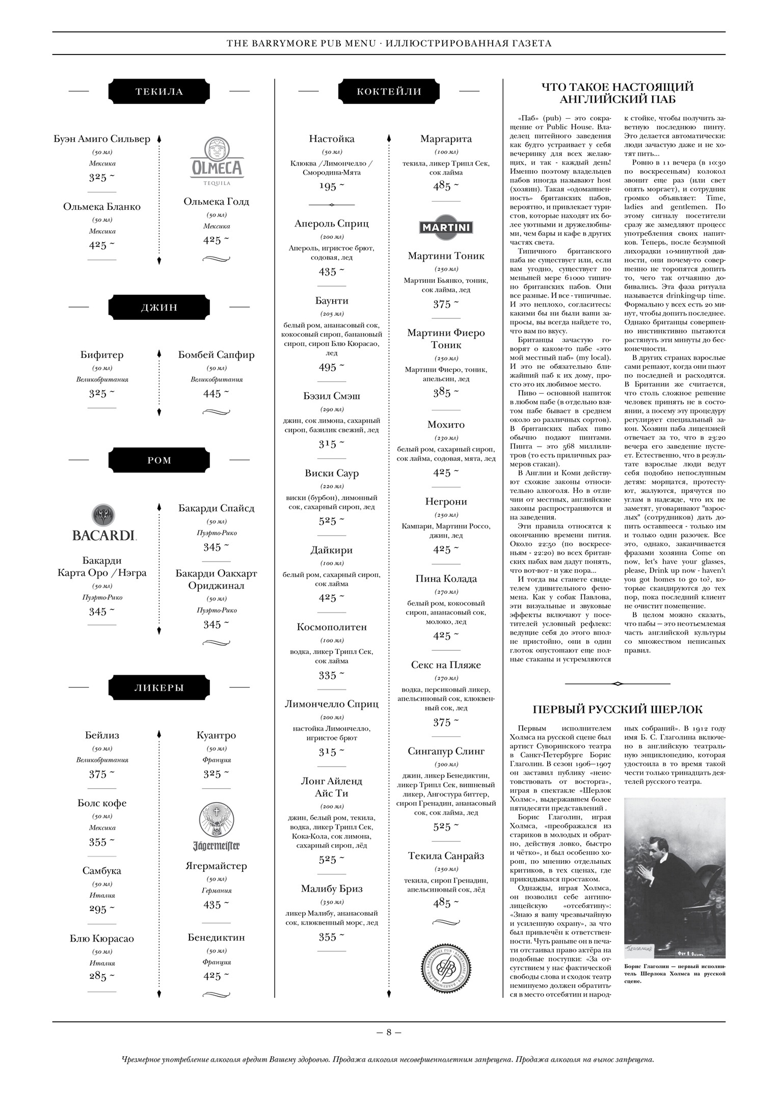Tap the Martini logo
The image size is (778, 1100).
pos(446,227)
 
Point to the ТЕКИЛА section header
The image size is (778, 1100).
pos(159,92)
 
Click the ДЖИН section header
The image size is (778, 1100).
pos(159,307)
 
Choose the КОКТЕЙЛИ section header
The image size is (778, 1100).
pos(389,92)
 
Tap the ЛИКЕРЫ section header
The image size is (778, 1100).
pos(159,687)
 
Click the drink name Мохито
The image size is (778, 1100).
pos(446,424)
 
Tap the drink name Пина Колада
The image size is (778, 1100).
pos(446,579)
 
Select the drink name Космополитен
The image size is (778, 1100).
pos(332,627)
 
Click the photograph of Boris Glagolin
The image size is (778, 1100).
pos(675,877)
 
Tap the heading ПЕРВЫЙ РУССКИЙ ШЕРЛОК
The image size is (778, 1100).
pos(618,709)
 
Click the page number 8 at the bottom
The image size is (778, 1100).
pos(389,1032)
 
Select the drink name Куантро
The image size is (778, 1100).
pos(216,735)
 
